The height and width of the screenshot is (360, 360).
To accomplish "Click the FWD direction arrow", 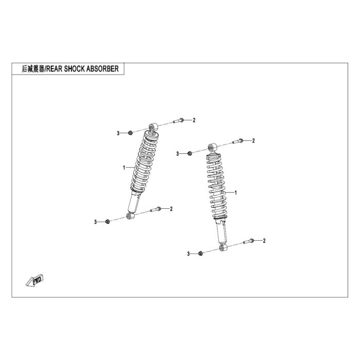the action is click(34, 280).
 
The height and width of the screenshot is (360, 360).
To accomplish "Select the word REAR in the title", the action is click(54, 69).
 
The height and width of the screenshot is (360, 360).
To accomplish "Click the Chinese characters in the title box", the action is click(33, 69).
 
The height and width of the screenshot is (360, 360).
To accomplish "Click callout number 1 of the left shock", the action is click(124, 168).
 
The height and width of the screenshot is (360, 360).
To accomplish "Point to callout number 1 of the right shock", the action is click(236, 192).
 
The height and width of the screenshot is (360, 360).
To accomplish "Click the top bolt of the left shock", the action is click(178, 120).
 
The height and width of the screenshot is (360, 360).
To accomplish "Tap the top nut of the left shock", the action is click(130, 133).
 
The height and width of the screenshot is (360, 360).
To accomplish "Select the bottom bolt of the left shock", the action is click(156, 209).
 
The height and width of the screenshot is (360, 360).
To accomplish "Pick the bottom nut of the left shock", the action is click(107, 222).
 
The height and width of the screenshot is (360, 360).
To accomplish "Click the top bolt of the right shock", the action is click(238, 141).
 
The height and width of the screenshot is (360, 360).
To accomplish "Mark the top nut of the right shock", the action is click(190, 153).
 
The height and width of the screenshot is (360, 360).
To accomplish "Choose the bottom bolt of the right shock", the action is click(248, 241).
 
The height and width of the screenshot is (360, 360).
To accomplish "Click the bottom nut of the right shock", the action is click(201, 253).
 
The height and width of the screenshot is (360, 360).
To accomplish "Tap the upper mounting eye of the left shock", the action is click(153, 127).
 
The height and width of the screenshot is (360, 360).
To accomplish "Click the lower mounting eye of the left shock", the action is click(131, 216).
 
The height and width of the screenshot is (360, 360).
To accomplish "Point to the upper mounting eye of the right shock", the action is click(212, 147).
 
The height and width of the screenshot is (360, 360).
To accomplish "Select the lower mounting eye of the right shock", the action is click(223, 247).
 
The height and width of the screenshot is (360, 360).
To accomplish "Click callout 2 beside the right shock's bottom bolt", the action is click(264, 241).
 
